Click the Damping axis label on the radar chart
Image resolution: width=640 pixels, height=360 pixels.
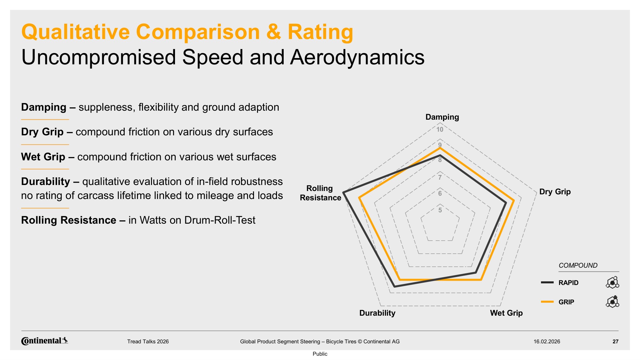[442, 117]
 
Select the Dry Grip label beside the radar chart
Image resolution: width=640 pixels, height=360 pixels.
[555, 192]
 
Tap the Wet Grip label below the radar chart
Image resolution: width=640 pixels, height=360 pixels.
[506, 313]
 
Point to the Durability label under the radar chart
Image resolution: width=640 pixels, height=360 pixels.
[377, 313]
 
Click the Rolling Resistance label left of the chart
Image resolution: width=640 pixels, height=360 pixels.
[320, 193]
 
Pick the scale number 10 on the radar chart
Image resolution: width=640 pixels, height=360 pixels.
[440, 130]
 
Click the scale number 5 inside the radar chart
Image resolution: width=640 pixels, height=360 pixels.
[440, 210]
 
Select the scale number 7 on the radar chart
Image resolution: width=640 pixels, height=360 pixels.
[440, 177]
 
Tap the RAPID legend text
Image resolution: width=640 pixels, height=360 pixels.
[568, 283]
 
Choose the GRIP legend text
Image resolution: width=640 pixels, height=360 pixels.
[566, 302]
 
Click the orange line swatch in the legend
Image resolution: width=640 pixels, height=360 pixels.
[547, 302]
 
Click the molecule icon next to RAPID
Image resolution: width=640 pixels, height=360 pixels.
[612, 283]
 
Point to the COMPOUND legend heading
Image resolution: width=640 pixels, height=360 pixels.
[578, 265]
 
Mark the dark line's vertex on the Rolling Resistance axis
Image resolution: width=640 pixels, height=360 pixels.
[344, 192]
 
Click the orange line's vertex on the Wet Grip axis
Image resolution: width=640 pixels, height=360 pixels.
[481, 280]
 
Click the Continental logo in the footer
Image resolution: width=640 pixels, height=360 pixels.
[45, 341]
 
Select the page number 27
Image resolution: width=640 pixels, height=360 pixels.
[615, 341]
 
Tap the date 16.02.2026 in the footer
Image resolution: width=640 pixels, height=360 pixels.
[547, 341]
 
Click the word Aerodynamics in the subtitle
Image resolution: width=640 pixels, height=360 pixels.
[357, 57]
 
